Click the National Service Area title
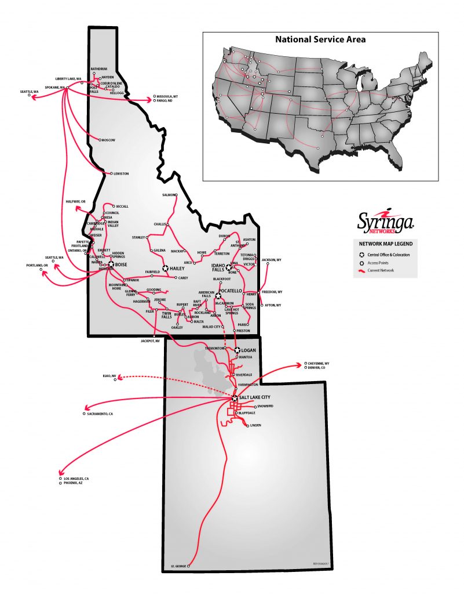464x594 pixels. pos(320,40)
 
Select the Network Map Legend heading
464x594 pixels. pos(385,244)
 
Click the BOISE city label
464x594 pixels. pos(121,265)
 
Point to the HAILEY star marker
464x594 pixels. pos(165,269)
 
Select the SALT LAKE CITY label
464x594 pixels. pos(255,398)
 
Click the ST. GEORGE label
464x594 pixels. pos(179,566)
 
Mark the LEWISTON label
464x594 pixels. pos(122,173)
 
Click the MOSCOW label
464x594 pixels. pos(109,140)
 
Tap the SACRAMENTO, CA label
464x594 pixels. pos(100,414)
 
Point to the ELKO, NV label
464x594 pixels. pos(109,376)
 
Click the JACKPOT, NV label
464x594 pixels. pos(149,341)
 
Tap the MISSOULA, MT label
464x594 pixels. pos(167,96)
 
